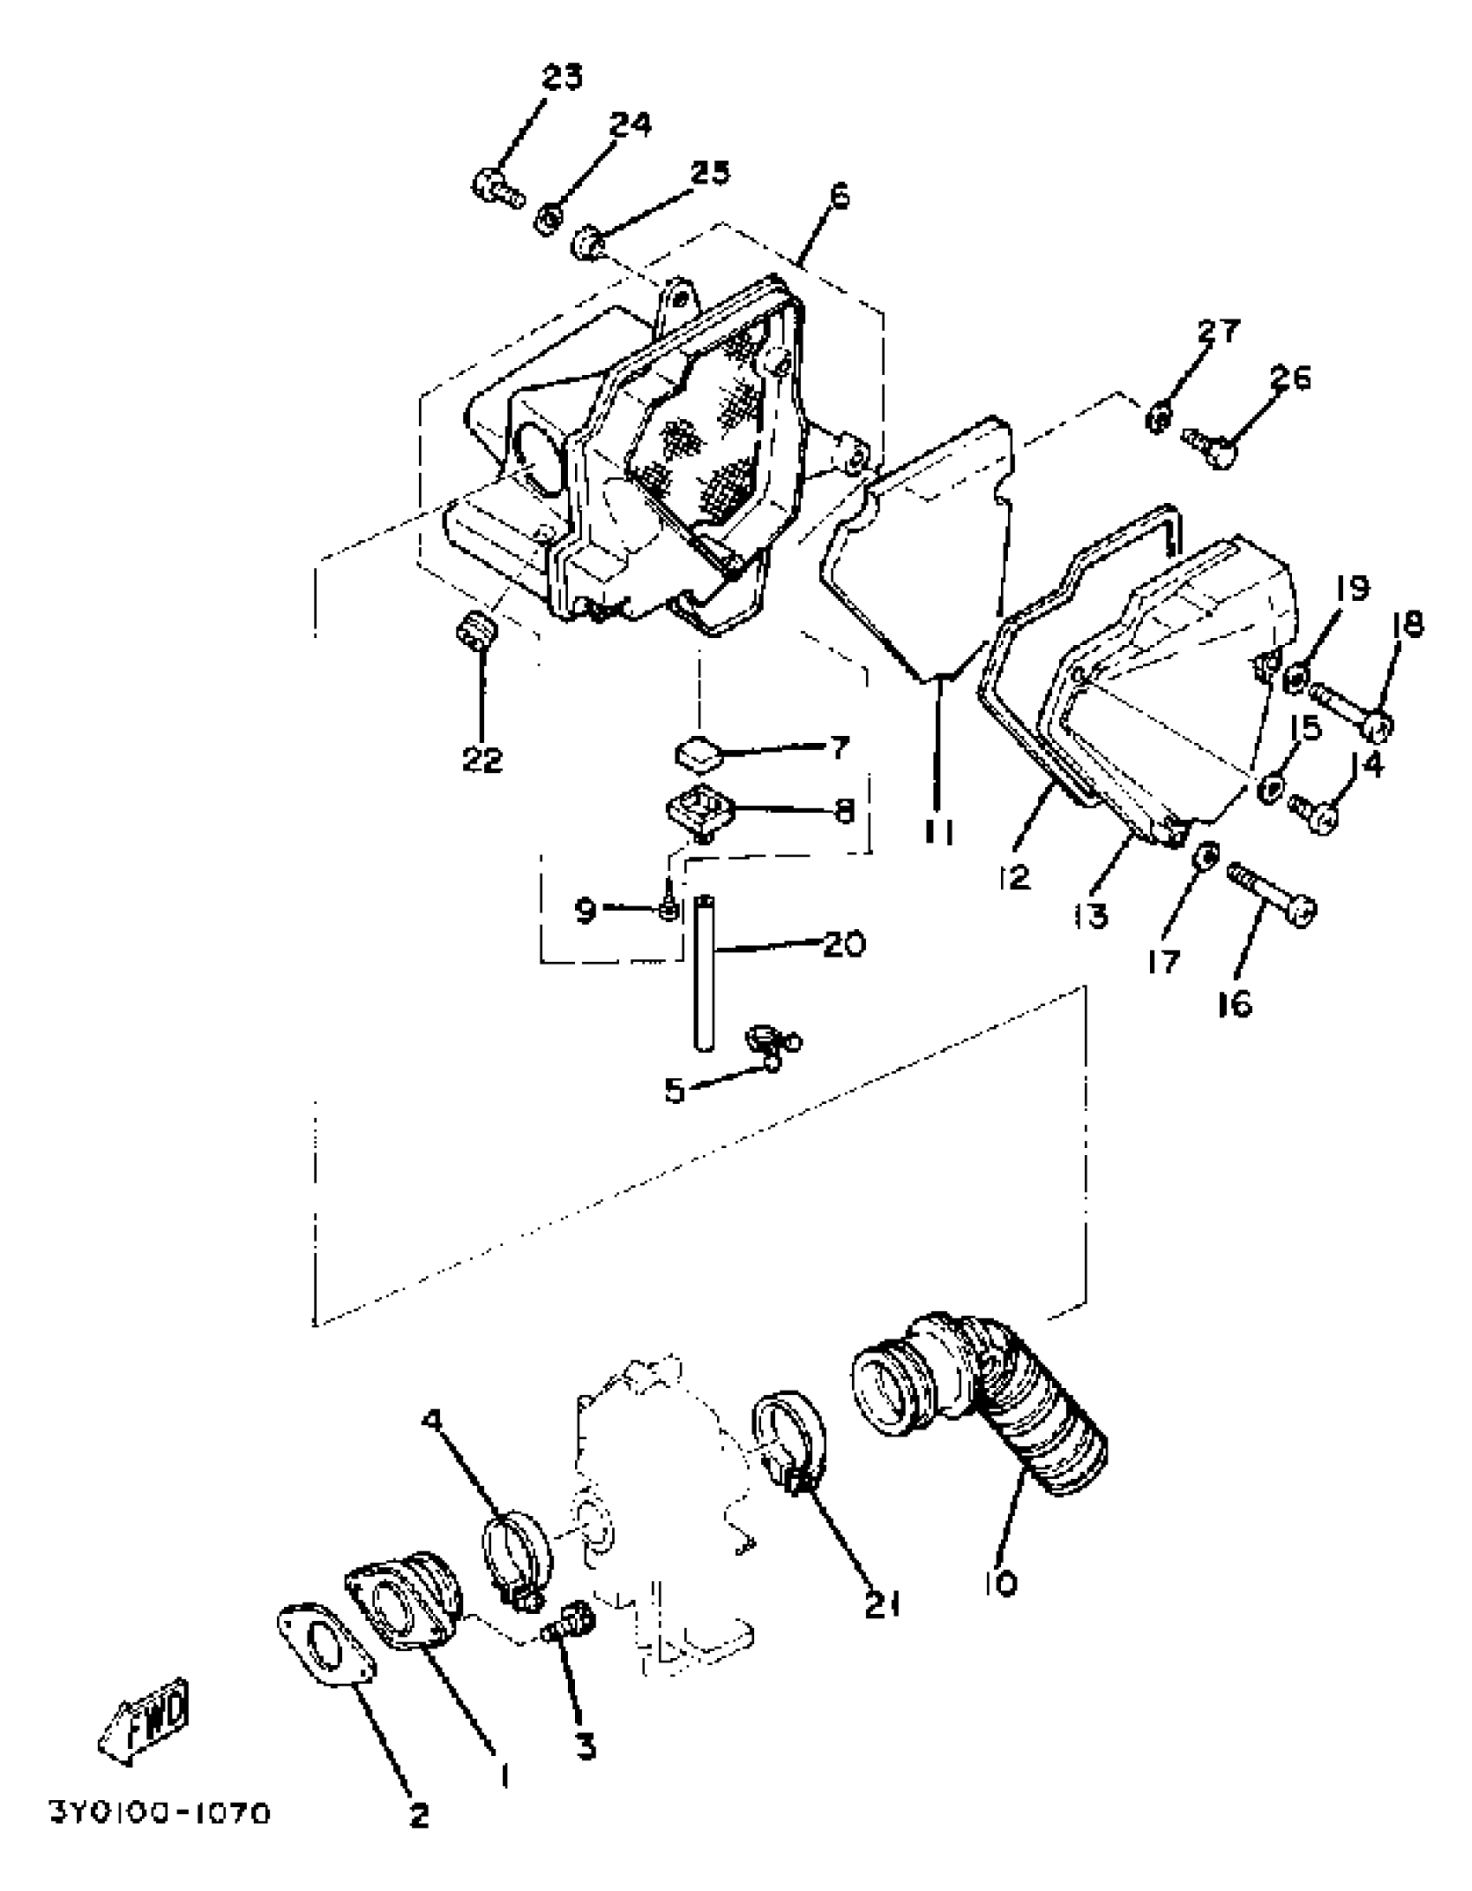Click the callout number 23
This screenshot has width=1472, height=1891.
pos(562,77)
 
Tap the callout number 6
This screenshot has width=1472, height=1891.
pos(839,196)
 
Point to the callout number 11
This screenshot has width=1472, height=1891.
pos(939,831)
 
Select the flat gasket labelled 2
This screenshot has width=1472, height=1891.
pos(325,1655)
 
